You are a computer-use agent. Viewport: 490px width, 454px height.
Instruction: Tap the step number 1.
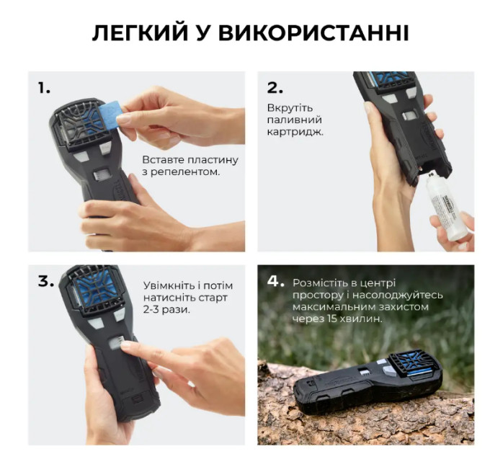[x=44, y=88]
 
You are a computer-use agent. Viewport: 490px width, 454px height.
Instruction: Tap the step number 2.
[x=275, y=88]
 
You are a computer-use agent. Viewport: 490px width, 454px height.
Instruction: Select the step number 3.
[x=46, y=282]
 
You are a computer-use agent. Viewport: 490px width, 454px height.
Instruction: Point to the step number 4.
[x=275, y=282]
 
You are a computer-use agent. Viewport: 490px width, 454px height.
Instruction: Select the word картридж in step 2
[x=295, y=132]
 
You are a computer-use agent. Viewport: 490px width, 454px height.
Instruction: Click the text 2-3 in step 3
[x=151, y=310]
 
